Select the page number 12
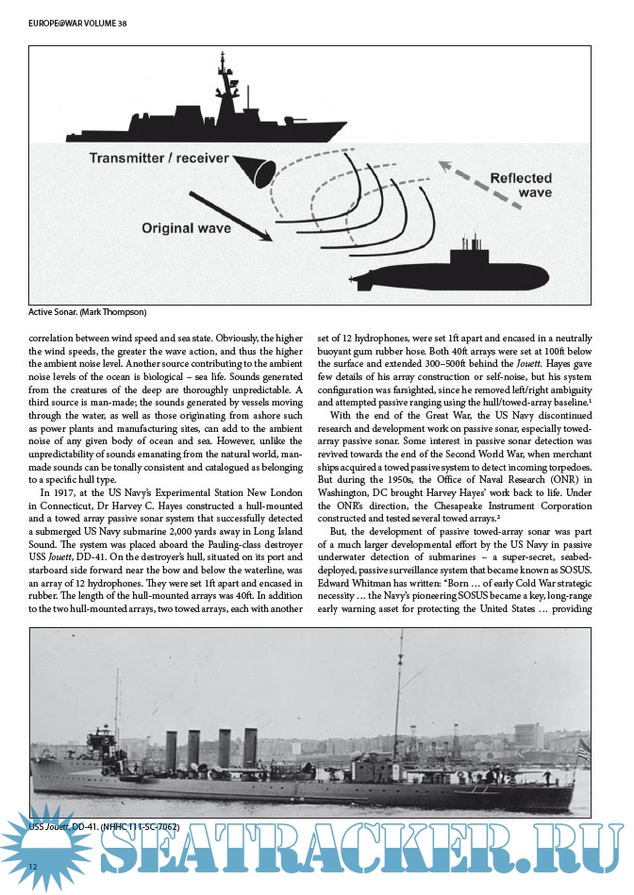(x=33, y=867)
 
